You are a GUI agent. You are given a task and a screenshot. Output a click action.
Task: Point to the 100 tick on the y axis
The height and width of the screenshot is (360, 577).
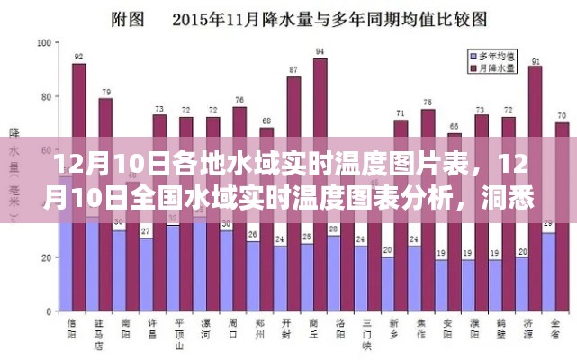pos(42,42)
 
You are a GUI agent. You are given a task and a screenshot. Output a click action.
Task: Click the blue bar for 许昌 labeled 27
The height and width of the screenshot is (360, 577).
pos(146,275)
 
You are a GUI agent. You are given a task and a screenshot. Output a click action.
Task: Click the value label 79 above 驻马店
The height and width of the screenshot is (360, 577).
pos(106,92)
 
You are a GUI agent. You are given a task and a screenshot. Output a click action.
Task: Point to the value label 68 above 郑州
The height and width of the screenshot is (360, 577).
pos(266,121)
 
